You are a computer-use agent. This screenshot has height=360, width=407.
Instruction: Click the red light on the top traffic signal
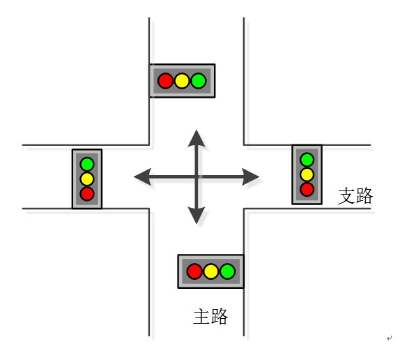tap(165, 81)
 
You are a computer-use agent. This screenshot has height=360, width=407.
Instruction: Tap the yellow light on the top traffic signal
tap(182, 81)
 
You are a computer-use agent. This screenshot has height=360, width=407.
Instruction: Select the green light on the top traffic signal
tap(199, 81)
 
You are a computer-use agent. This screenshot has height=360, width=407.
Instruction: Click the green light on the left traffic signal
tap(87, 164)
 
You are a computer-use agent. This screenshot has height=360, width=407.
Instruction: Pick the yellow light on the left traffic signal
tap(87, 179)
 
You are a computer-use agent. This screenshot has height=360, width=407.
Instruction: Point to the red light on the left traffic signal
tap(87, 194)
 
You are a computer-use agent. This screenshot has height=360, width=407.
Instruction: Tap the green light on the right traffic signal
tap(307, 160)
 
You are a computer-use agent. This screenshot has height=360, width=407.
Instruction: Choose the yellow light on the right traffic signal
tap(307, 174)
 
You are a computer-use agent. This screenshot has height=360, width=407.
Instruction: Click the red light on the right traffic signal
tap(307, 189)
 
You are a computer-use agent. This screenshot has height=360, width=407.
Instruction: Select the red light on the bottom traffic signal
tap(194, 271)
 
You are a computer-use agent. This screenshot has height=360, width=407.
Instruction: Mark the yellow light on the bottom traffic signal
tap(211, 271)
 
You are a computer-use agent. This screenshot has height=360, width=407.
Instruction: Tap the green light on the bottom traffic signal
tap(228, 271)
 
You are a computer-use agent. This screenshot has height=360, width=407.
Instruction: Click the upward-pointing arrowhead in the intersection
tap(197, 138)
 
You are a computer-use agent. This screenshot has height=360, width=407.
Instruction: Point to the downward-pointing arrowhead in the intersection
tap(197, 215)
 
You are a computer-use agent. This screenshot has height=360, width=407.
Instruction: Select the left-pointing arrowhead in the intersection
tap(142, 177)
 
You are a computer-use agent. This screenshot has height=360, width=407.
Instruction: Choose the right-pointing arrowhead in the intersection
tap(250, 177)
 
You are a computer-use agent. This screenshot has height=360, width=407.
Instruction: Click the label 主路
tap(210, 316)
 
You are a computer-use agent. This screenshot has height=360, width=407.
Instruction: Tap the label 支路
tap(355, 196)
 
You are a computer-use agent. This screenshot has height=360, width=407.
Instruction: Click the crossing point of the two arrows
tap(197, 177)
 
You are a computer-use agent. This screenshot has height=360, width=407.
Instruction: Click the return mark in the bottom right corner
tap(389, 338)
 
